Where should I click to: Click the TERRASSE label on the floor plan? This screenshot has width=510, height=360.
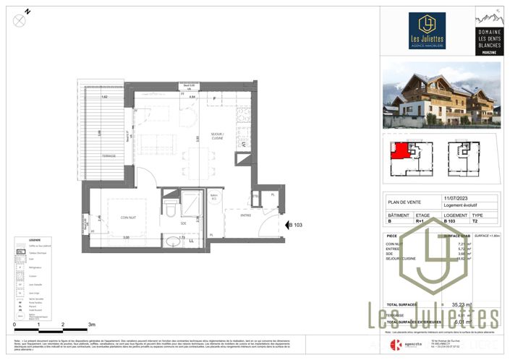point(108,155)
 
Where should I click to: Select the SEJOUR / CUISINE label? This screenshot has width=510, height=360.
point(218,137)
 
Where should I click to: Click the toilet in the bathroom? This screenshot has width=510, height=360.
point(169,209)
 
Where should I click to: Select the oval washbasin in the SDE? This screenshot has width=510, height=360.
point(169,242)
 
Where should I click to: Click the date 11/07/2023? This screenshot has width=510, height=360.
point(456,197)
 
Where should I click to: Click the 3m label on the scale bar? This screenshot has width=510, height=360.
point(90,325)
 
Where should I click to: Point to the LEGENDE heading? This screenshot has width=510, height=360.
point(35,240)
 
